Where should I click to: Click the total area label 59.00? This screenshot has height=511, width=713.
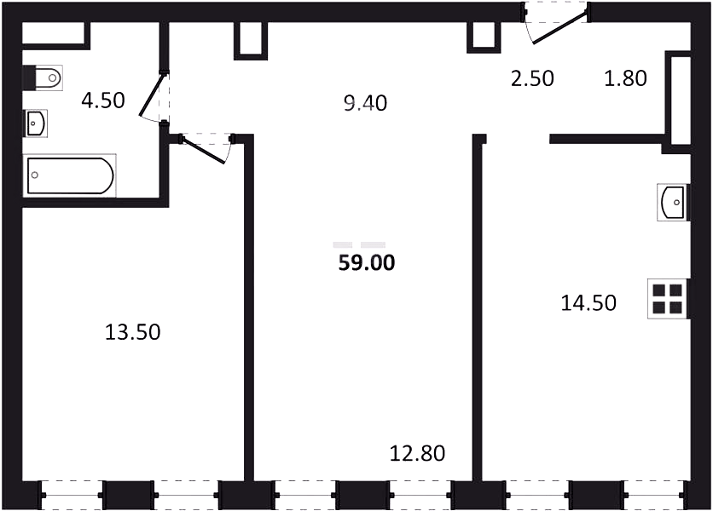367,263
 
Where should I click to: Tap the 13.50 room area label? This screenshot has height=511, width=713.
133,332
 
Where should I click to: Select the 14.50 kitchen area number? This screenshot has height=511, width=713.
588,302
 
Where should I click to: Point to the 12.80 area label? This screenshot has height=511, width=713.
417,453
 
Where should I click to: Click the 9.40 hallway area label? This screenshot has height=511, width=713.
366,103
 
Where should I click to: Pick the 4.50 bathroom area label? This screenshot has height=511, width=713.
103,100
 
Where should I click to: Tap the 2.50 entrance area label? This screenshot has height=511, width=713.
532,78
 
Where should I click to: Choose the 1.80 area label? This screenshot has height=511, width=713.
625,78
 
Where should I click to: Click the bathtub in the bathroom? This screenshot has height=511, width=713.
70,175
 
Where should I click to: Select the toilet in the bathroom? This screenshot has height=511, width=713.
43,78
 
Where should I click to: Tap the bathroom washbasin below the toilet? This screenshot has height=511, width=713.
35,123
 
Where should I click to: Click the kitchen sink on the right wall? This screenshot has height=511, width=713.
673,202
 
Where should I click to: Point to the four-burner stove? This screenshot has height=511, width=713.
668,299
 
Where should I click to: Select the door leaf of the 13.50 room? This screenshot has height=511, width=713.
203,149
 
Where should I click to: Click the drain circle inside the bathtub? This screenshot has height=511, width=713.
35,175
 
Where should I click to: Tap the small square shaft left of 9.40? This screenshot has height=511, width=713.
251,41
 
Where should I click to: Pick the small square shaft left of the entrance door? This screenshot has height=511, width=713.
484,37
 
